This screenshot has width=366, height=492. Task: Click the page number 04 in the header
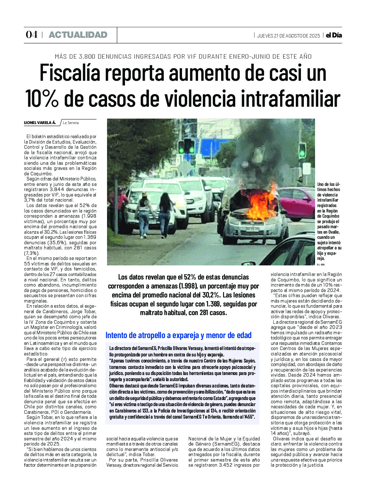point(31,35)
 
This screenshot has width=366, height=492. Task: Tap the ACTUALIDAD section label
point(78,35)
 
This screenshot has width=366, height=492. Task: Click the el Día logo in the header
point(334,35)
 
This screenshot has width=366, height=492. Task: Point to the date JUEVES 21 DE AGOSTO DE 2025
point(288,36)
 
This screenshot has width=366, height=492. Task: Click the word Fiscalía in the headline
point(70,73)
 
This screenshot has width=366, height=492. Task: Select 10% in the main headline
point(42,98)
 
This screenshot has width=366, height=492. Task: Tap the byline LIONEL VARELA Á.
point(40,123)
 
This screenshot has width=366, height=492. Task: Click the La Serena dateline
point(71,123)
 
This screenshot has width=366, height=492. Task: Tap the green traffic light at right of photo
point(302,151)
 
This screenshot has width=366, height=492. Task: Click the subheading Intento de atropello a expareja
point(179,335)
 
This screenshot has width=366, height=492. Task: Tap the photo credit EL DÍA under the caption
point(321,264)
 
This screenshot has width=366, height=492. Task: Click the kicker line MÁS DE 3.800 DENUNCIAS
point(183,56)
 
